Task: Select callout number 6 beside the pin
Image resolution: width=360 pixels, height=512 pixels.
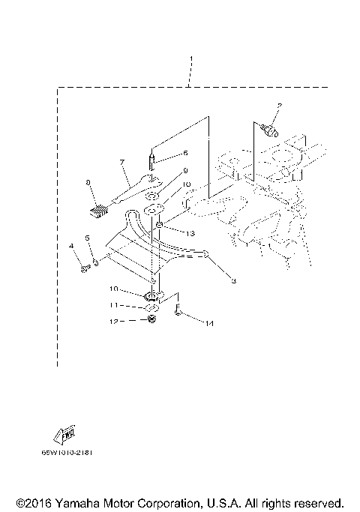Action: point(185,152)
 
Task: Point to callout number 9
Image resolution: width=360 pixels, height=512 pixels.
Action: point(185,170)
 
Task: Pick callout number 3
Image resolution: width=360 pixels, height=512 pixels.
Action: point(233,281)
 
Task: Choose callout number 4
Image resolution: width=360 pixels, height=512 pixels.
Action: point(72,246)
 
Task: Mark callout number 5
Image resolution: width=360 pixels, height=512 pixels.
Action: point(87,238)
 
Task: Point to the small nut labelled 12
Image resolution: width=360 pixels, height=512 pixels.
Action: point(153,320)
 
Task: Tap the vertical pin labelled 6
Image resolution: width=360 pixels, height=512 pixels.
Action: point(152,161)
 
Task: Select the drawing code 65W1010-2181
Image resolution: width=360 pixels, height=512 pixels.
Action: point(73,452)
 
